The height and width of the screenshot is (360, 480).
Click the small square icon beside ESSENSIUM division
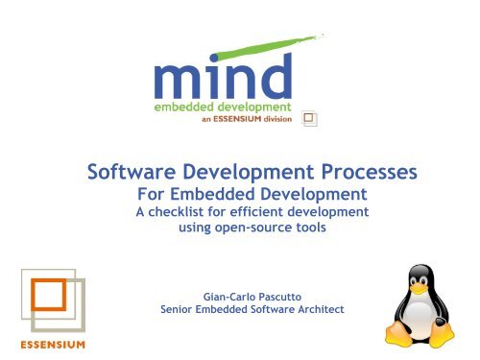coord(309,118)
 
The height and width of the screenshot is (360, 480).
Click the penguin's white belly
coord(428,317)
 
